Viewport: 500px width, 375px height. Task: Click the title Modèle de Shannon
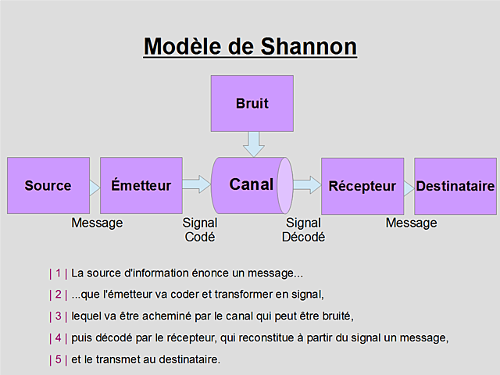tap(250, 46)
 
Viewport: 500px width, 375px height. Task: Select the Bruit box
tap(252, 103)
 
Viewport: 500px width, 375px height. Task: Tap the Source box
tap(48, 186)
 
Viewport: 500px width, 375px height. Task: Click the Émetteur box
tap(141, 186)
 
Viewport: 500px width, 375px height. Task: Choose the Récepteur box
tap(362, 186)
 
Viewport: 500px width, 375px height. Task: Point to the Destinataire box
tap(455, 186)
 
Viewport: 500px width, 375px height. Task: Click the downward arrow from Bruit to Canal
tap(252, 143)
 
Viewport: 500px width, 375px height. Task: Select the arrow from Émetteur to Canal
tap(197, 184)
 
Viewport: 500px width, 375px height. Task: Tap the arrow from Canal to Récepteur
tap(307, 184)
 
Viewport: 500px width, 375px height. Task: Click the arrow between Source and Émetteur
tap(94, 186)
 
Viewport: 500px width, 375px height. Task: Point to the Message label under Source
tap(97, 223)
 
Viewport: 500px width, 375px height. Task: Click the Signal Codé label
tap(199, 230)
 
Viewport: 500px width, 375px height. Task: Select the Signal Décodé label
tap(303, 230)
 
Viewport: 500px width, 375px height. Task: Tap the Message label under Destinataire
tap(411, 223)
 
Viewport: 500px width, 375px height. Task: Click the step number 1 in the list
tap(59, 273)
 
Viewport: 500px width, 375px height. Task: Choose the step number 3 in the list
tap(59, 316)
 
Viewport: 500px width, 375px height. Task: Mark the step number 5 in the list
tap(59, 359)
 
